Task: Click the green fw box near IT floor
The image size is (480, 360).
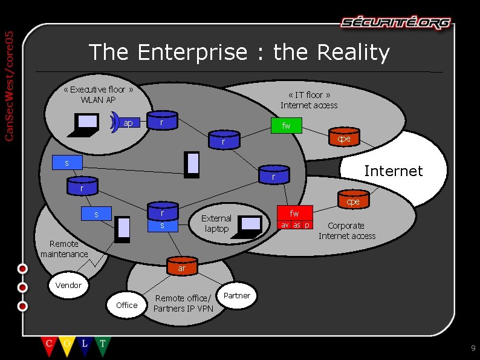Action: point(286,126)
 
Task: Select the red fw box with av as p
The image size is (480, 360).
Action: point(294,214)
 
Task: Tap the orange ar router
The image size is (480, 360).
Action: point(181,267)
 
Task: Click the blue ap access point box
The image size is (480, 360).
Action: point(128,123)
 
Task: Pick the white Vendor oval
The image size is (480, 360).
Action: point(68,285)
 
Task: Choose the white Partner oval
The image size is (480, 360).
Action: point(236,296)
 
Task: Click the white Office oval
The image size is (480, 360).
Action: point(126,305)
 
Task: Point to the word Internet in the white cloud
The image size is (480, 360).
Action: point(393,171)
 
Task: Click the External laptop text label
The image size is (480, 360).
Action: point(216,223)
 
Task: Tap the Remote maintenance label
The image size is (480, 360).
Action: point(64,249)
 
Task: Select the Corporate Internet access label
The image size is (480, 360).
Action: point(347,231)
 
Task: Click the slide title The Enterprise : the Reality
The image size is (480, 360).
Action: point(239,53)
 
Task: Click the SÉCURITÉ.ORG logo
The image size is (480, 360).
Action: point(395,23)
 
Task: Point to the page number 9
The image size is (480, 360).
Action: point(473,348)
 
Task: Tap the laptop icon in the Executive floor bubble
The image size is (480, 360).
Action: point(86,123)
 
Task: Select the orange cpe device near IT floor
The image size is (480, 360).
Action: point(344,138)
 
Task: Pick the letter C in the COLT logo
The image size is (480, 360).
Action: point(48,344)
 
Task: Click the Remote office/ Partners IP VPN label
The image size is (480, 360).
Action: point(183,303)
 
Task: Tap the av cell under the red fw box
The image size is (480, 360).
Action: point(284,225)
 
